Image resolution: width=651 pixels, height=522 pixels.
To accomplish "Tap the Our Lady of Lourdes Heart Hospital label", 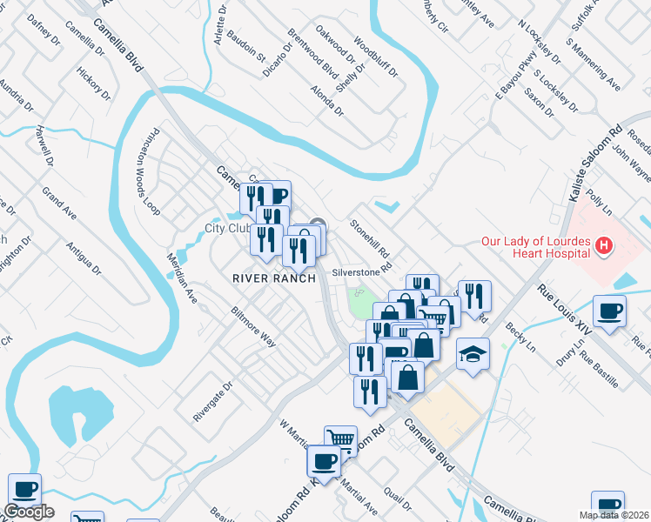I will coord(538,247).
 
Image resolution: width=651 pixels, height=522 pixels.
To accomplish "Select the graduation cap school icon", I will coord(473,353).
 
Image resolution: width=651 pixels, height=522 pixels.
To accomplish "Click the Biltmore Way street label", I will coord(253,326).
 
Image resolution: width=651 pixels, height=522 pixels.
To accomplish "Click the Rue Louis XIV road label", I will coord(565,310).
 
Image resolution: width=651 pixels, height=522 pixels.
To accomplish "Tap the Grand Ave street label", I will coord(59,203).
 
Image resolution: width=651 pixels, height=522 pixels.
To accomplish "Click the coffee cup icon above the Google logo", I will coord(24,488).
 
